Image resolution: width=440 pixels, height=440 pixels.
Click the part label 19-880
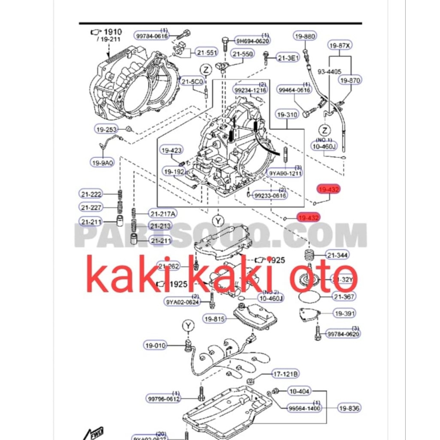click(305, 37)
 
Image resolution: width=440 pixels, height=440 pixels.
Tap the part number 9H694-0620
click(252, 41)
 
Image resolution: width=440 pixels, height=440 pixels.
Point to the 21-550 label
click(243, 54)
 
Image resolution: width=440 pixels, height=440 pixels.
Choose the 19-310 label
click(287, 115)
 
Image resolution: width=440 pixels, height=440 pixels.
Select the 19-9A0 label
click(102, 162)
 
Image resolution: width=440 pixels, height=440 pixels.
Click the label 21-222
click(91, 194)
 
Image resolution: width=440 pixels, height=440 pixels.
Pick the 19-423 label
click(171, 150)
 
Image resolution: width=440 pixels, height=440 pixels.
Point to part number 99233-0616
click(270, 195)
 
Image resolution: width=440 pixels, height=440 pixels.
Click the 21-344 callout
click(337, 255)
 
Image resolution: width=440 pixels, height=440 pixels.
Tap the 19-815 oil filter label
click(214, 319)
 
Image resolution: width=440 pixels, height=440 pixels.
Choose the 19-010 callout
click(155, 345)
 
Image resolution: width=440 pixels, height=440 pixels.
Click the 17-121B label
click(285, 374)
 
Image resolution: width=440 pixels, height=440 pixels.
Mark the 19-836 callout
click(349, 408)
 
